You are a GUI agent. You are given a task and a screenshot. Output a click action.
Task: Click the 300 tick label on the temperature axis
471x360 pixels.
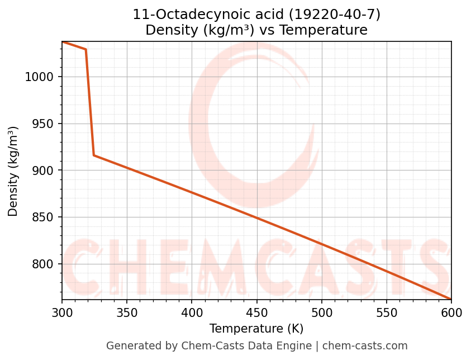[x=62, y=312]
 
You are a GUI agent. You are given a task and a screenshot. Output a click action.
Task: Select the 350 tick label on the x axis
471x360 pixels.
[x=127, y=312]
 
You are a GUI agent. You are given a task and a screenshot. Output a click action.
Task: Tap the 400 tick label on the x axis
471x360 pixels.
[x=192, y=312]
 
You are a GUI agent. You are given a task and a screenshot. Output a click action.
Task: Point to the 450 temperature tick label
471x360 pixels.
[x=256, y=312]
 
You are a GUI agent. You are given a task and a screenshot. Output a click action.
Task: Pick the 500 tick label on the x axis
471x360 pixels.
[x=321, y=312]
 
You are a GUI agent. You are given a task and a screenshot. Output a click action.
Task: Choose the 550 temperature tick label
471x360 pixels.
[x=386, y=312]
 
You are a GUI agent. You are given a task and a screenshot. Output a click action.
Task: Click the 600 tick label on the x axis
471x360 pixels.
[x=451, y=312]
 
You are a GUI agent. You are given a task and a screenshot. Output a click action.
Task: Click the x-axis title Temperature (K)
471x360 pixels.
[x=256, y=329]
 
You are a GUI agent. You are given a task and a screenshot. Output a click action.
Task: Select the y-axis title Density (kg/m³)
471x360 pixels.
[x=13, y=171]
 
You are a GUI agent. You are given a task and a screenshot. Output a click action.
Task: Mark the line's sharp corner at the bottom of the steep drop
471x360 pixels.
[x=94, y=155]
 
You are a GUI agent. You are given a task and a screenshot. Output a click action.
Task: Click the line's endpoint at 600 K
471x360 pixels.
[x=451, y=299]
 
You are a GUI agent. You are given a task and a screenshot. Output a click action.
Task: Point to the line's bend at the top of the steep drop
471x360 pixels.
[x=86, y=49]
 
